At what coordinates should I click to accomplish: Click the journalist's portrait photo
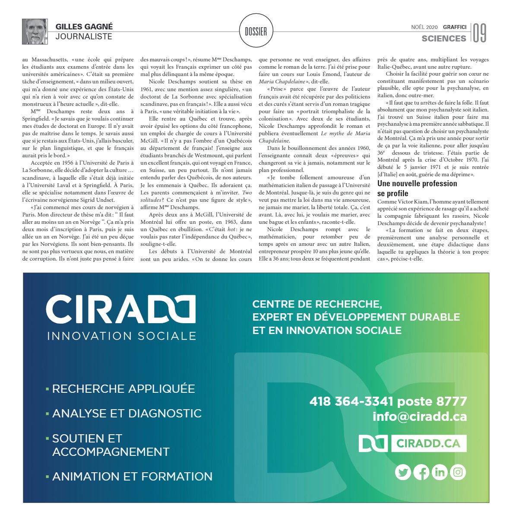(x=35, y=32)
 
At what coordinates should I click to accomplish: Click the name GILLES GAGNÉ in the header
(x=84, y=27)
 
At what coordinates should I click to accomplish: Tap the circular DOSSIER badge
(x=256, y=31)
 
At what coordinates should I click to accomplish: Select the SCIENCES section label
(x=443, y=38)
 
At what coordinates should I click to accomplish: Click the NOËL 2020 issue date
(x=424, y=27)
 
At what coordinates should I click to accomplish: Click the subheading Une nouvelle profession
(x=417, y=184)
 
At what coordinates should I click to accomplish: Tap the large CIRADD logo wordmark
(x=121, y=309)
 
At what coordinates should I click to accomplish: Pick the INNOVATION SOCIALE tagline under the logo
(x=121, y=336)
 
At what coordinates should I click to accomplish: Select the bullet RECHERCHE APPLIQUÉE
(x=123, y=389)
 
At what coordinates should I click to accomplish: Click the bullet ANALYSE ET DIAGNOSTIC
(x=127, y=414)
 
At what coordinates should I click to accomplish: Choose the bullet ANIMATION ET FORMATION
(x=132, y=477)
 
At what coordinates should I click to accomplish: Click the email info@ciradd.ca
(x=419, y=417)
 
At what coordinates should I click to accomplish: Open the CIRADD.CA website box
(x=428, y=443)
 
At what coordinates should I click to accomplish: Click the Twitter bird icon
(x=403, y=472)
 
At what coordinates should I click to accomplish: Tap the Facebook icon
(x=421, y=472)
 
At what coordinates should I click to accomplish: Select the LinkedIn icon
(x=440, y=472)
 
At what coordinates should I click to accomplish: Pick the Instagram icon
(x=458, y=472)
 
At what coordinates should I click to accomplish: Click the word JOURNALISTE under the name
(x=84, y=37)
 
